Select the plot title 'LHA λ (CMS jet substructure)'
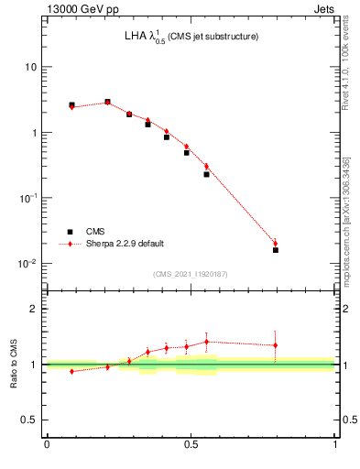(191, 38)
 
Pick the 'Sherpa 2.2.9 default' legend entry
(125, 244)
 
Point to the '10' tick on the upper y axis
(30, 68)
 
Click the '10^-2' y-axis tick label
(27, 264)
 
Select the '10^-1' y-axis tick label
(27, 198)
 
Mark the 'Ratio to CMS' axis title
(14, 364)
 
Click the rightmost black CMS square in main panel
(275, 249)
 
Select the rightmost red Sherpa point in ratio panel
(275, 345)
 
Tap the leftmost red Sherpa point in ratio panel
(71, 371)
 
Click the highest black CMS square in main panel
(107, 102)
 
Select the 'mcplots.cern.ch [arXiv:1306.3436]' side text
(350, 211)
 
